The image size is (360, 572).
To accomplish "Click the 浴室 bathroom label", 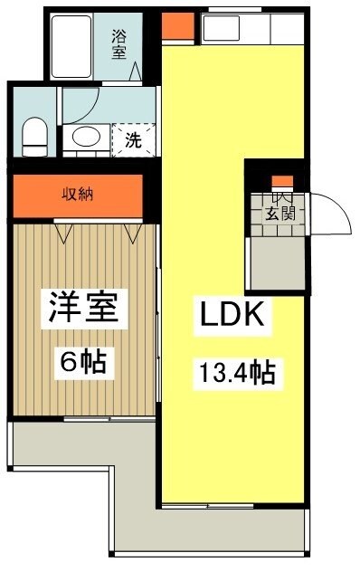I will coord(119,44).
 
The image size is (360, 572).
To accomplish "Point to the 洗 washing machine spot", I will coord(130,140).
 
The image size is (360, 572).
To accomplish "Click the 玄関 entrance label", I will coord(280,214).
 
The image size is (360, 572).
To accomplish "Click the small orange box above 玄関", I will coord(282,181).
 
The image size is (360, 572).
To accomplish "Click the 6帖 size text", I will coord(83,362).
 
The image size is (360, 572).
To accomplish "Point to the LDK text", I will coord(231,316).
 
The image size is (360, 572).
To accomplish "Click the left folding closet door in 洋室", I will coord(64,234).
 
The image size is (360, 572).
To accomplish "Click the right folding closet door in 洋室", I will coord(134,234).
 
